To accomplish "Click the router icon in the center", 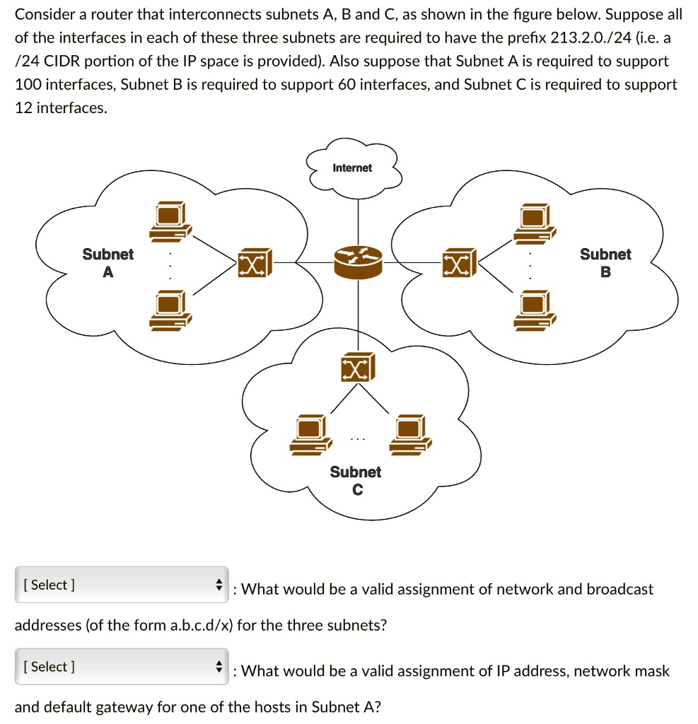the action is point(358,262).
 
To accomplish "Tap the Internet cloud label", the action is point(352,168).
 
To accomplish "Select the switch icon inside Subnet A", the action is point(255,263).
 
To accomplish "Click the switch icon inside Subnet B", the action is point(459,262).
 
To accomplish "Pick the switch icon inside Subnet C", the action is point(358,367).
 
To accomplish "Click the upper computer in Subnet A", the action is point(170,221).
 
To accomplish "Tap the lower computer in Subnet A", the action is point(170,310).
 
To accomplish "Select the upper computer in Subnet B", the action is point(535,223).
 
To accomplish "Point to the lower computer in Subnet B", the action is point(535,310).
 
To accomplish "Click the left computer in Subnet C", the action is point(311,435).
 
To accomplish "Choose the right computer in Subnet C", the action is point(411,435).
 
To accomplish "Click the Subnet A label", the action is point(107,263).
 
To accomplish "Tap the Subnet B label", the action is point(605,263).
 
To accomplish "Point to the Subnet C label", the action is point(356,481).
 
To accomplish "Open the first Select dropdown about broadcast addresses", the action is point(122,585).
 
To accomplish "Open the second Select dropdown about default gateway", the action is point(122,666).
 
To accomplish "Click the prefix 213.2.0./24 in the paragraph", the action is point(591,38).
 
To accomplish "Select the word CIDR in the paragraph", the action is point(62,62).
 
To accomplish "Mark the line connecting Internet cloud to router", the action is point(358,223).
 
